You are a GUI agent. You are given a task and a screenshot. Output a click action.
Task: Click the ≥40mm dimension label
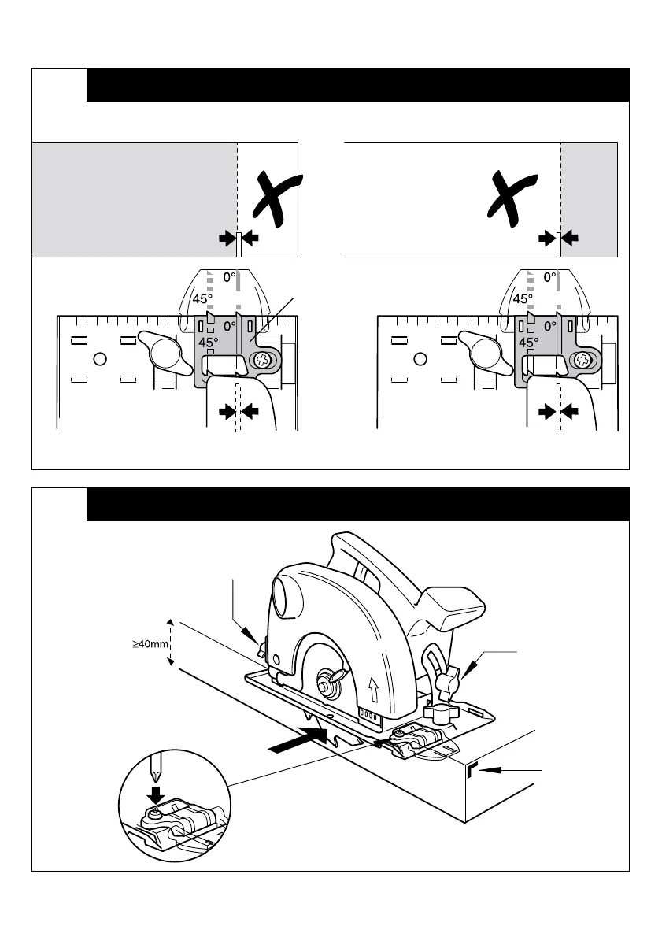(x=150, y=645)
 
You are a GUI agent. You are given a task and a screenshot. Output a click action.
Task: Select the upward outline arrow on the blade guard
(x=373, y=692)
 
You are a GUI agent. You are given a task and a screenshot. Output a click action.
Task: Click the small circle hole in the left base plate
(x=100, y=360)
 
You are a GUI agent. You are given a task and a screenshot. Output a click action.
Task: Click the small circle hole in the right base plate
(x=420, y=360)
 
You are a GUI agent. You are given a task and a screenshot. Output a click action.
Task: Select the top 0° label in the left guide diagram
(x=228, y=277)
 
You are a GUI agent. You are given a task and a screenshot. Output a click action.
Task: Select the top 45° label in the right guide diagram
(x=522, y=299)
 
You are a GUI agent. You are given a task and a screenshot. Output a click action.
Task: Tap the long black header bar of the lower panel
(x=357, y=504)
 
